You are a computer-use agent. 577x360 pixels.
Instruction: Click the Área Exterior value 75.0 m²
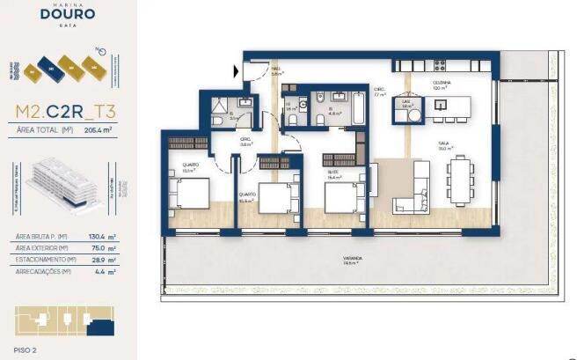click(103, 248)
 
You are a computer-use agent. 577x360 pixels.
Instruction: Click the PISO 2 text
click(28, 349)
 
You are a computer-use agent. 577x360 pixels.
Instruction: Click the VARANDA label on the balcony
click(353, 259)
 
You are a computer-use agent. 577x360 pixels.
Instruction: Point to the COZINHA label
click(441, 83)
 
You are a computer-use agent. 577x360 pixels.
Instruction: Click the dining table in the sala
click(461, 179)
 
